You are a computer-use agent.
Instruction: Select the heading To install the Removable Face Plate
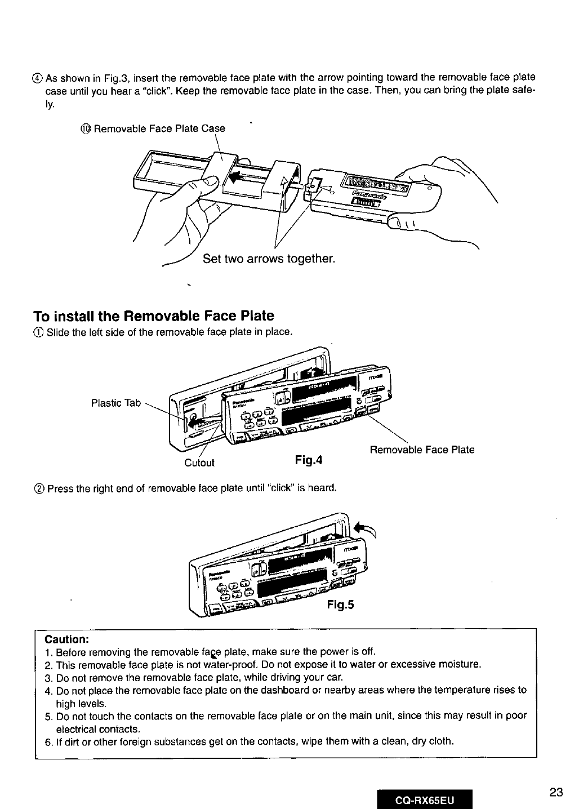[153, 315]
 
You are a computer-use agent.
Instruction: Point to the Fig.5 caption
[340, 605]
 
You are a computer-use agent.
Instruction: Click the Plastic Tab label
[116, 403]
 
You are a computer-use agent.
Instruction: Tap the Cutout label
[199, 463]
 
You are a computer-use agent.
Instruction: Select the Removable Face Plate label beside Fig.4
[422, 450]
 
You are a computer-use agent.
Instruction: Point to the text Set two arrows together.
[269, 259]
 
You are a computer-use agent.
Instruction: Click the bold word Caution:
[66, 639]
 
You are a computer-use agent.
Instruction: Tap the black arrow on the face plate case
[238, 176]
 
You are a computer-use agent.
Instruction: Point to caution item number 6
[48, 740]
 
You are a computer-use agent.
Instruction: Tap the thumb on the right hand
[403, 220]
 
